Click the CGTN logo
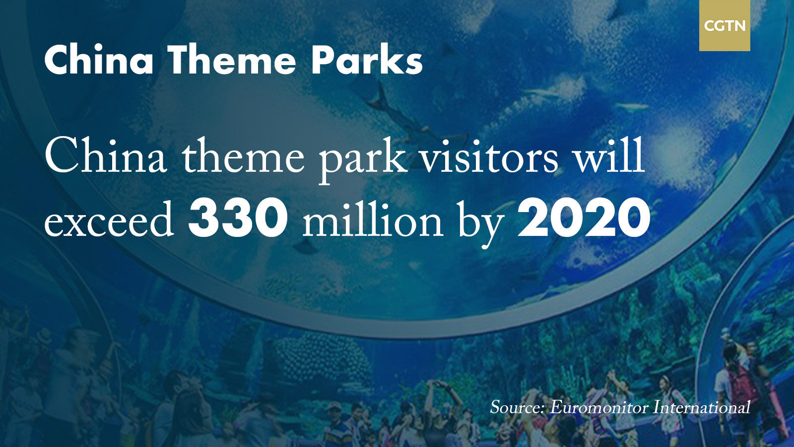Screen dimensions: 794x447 pos(725,25)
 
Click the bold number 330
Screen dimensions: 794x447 pos(237,219)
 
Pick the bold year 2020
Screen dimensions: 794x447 pos(584,219)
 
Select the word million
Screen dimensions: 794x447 pos(372,220)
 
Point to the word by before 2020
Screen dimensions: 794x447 pos(481,224)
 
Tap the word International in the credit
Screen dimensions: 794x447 pos(702,407)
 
